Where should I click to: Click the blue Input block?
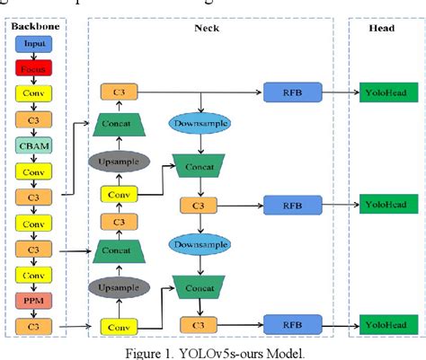click(x=34, y=43)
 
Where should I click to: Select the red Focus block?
click(x=34, y=67)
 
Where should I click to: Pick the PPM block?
click(x=34, y=298)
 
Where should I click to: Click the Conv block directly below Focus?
click(x=34, y=92)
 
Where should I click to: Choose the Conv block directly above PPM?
click(x=34, y=273)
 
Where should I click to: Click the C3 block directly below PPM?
click(x=34, y=324)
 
